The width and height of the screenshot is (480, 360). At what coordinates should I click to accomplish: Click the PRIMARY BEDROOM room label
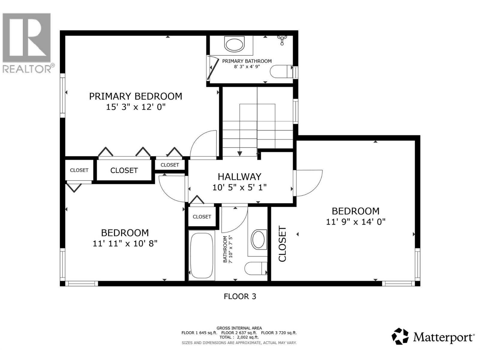(136, 96)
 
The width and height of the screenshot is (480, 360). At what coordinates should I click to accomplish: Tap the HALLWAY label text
(239, 176)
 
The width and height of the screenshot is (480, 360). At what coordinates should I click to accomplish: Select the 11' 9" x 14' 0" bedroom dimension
(355, 222)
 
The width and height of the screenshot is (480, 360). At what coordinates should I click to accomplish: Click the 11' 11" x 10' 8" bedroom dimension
(125, 243)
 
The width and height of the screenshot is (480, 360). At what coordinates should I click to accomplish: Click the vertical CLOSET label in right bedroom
(283, 244)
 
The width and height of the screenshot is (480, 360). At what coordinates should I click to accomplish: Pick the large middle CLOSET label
(124, 170)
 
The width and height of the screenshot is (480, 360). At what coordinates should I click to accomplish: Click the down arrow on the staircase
(240, 153)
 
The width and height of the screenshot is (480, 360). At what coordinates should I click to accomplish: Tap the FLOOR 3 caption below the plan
(240, 296)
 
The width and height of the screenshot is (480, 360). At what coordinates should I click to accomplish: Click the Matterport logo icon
(400, 336)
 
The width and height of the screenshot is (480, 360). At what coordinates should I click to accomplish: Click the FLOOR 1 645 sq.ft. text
(199, 333)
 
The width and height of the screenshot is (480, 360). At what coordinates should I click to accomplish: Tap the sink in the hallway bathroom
(258, 239)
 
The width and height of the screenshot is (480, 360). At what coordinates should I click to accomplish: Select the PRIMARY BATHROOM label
(247, 61)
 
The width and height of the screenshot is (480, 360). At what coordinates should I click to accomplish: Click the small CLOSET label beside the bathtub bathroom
(202, 217)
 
